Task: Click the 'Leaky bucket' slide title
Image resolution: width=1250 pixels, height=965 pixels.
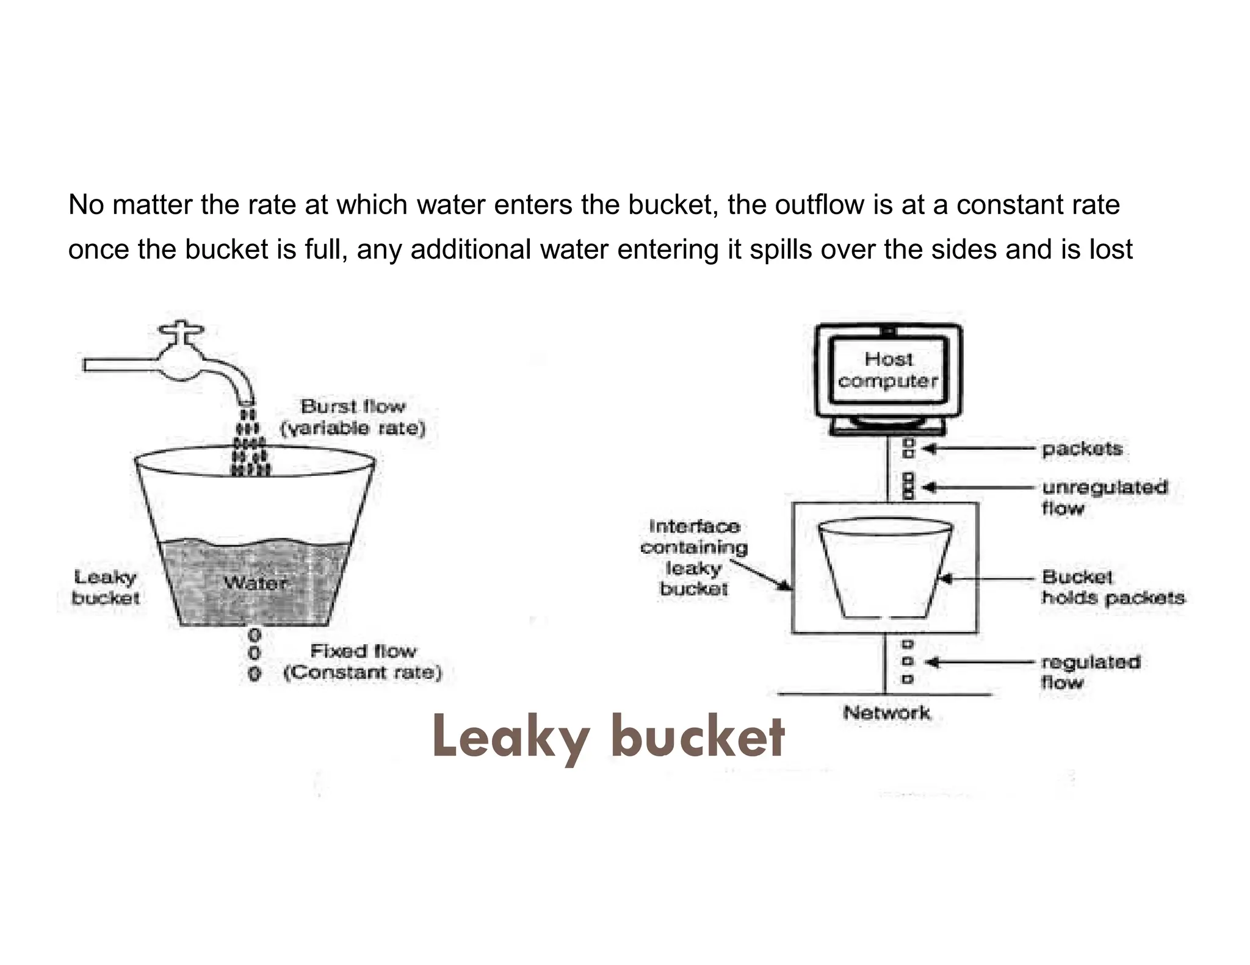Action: [608, 737]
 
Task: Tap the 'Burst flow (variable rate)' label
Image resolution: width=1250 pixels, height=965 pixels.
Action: [353, 417]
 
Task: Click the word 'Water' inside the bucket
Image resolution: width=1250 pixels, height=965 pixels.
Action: [255, 583]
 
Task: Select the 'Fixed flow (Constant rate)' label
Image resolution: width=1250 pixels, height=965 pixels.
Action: [363, 662]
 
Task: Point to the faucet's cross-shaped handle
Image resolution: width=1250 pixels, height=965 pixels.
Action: [181, 332]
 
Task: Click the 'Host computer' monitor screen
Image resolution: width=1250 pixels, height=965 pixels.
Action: [888, 370]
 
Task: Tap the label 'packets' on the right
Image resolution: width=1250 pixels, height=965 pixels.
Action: [1082, 449]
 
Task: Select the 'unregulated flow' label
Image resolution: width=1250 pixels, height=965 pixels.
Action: [1104, 497]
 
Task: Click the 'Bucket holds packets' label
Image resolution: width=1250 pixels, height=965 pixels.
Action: [1112, 587]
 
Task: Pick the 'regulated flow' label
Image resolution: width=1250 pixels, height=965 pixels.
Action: [1090, 672]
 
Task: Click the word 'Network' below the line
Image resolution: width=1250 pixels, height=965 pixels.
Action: [886, 712]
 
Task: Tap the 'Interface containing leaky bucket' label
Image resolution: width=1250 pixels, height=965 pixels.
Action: [694, 557]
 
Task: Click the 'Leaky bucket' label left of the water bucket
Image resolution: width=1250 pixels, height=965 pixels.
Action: [105, 587]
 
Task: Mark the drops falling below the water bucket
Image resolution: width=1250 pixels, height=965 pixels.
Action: [255, 655]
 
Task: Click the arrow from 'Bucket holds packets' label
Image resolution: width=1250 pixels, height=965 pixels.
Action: [989, 578]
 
